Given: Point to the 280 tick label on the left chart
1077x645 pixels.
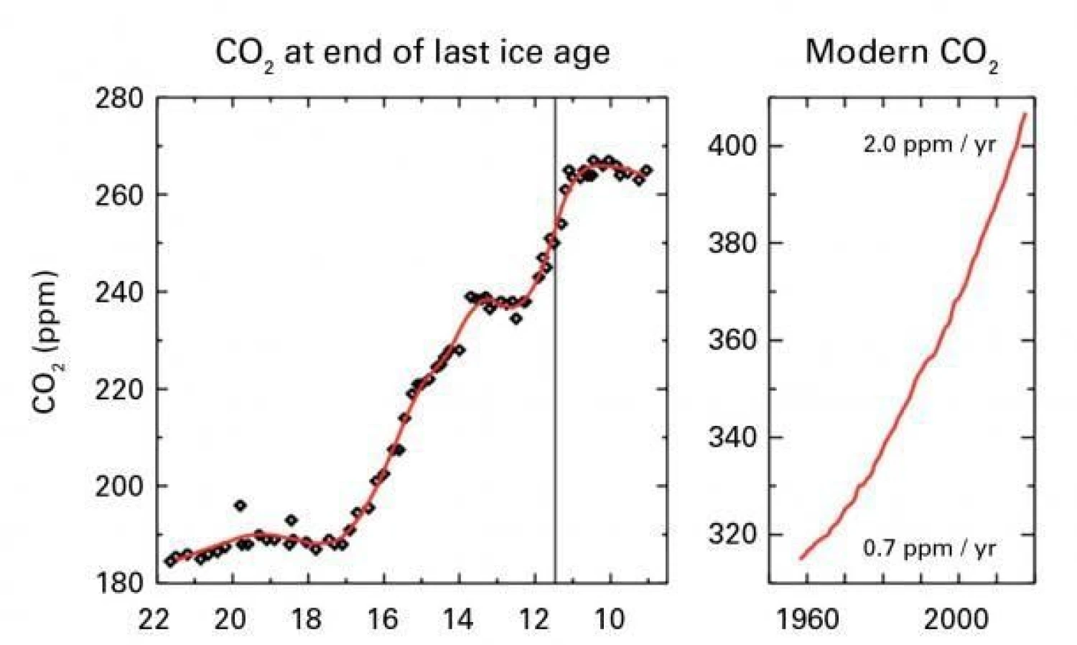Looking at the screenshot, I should click(x=119, y=98).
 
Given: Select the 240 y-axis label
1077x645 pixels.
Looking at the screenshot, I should click(x=119, y=292).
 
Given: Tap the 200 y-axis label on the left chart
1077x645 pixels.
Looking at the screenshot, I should click(x=119, y=486).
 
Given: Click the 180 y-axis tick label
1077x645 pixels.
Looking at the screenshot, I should click(x=119, y=583).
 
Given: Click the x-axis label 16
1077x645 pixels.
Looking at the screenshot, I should click(x=382, y=618).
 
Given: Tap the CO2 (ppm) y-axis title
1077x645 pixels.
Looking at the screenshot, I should click(x=45, y=341).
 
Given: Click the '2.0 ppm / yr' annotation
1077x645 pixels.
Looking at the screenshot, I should click(x=929, y=144).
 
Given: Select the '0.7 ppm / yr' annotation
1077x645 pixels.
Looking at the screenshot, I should click(x=929, y=549).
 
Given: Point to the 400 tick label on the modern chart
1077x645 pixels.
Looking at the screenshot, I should click(x=732, y=146).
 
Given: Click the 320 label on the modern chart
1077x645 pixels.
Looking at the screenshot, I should click(x=732, y=534).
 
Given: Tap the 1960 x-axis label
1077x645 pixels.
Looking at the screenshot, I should click(x=807, y=618).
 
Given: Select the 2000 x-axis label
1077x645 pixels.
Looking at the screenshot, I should click(x=956, y=618).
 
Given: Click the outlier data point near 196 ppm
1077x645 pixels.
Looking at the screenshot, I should click(x=240, y=506).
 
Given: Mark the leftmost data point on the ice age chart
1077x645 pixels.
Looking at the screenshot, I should click(x=170, y=561).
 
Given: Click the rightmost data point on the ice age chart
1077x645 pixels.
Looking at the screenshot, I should click(x=646, y=170).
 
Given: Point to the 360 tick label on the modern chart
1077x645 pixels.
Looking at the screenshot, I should click(x=732, y=340).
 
